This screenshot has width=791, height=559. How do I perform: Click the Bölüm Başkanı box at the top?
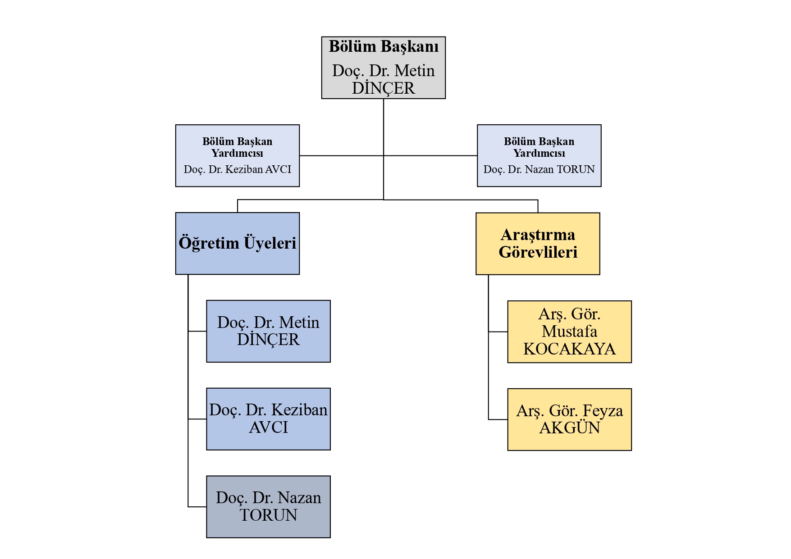click(x=383, y=68)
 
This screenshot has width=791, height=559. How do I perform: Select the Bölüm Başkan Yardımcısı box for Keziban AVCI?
click(x=237, y=155)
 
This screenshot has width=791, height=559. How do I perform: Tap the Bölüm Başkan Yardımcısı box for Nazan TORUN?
click(x=539, y=155)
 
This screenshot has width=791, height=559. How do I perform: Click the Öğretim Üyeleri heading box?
click(x=237, y=243)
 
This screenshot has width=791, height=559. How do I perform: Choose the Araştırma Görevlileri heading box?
click(x=538, y=243)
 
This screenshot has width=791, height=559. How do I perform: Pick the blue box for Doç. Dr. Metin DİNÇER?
click(x=268, y=331)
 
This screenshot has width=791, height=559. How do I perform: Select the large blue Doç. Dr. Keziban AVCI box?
click(x=268, y=419)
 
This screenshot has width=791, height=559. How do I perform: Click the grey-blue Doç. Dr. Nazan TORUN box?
click(x=268, y=507)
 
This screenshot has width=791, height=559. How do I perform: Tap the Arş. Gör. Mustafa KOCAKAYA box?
click(x=569, y=332)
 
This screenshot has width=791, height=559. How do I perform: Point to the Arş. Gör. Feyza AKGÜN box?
click(x=569, y=419)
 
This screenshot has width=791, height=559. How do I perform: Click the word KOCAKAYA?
click(x=569, y=349)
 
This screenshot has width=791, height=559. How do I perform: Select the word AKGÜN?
click(x=570, y=428)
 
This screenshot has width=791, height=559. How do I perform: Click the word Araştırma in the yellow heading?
click(x=538, y=235)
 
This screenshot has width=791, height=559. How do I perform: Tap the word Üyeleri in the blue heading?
click(x=270, y=243)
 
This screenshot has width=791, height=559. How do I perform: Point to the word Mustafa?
click(x=569, y=332)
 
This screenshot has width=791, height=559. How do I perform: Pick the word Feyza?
click(x=603, y=411)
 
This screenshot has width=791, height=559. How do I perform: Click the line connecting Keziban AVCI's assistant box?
click(x=341, y=156)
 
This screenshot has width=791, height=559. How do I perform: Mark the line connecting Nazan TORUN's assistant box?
click(x=430, y=156)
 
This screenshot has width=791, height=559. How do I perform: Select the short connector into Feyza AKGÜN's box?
click(x=498, y=419)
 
